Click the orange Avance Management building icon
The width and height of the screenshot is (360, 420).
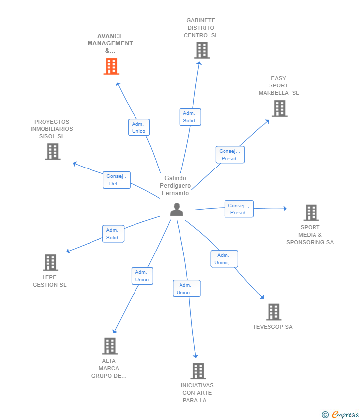111,66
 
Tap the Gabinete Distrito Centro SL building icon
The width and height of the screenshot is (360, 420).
202,50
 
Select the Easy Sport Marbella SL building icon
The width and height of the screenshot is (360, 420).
279,108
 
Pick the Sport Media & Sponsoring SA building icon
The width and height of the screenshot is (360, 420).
311,212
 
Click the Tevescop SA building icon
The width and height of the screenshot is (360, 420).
273,312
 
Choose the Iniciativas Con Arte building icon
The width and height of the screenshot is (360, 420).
198,371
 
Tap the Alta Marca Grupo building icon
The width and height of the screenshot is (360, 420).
110,346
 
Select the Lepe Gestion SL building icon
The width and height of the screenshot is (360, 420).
50,262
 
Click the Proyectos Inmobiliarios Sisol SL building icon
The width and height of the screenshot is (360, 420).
52,151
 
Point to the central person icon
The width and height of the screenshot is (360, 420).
177,210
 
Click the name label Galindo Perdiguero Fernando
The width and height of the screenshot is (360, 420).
175,186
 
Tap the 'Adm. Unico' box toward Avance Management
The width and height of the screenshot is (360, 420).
139,127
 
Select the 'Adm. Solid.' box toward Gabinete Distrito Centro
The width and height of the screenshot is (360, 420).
190,117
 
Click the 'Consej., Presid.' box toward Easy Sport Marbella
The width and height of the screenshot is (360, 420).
230,155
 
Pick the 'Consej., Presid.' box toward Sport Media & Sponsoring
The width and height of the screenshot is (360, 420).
239,209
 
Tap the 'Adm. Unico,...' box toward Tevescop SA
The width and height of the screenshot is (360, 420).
225,259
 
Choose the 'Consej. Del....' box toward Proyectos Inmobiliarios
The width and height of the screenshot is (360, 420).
117,180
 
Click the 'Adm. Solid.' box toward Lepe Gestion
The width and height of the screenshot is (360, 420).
113,234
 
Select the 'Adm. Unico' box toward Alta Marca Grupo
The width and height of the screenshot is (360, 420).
142,276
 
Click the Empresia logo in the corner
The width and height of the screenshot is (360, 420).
341,414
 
